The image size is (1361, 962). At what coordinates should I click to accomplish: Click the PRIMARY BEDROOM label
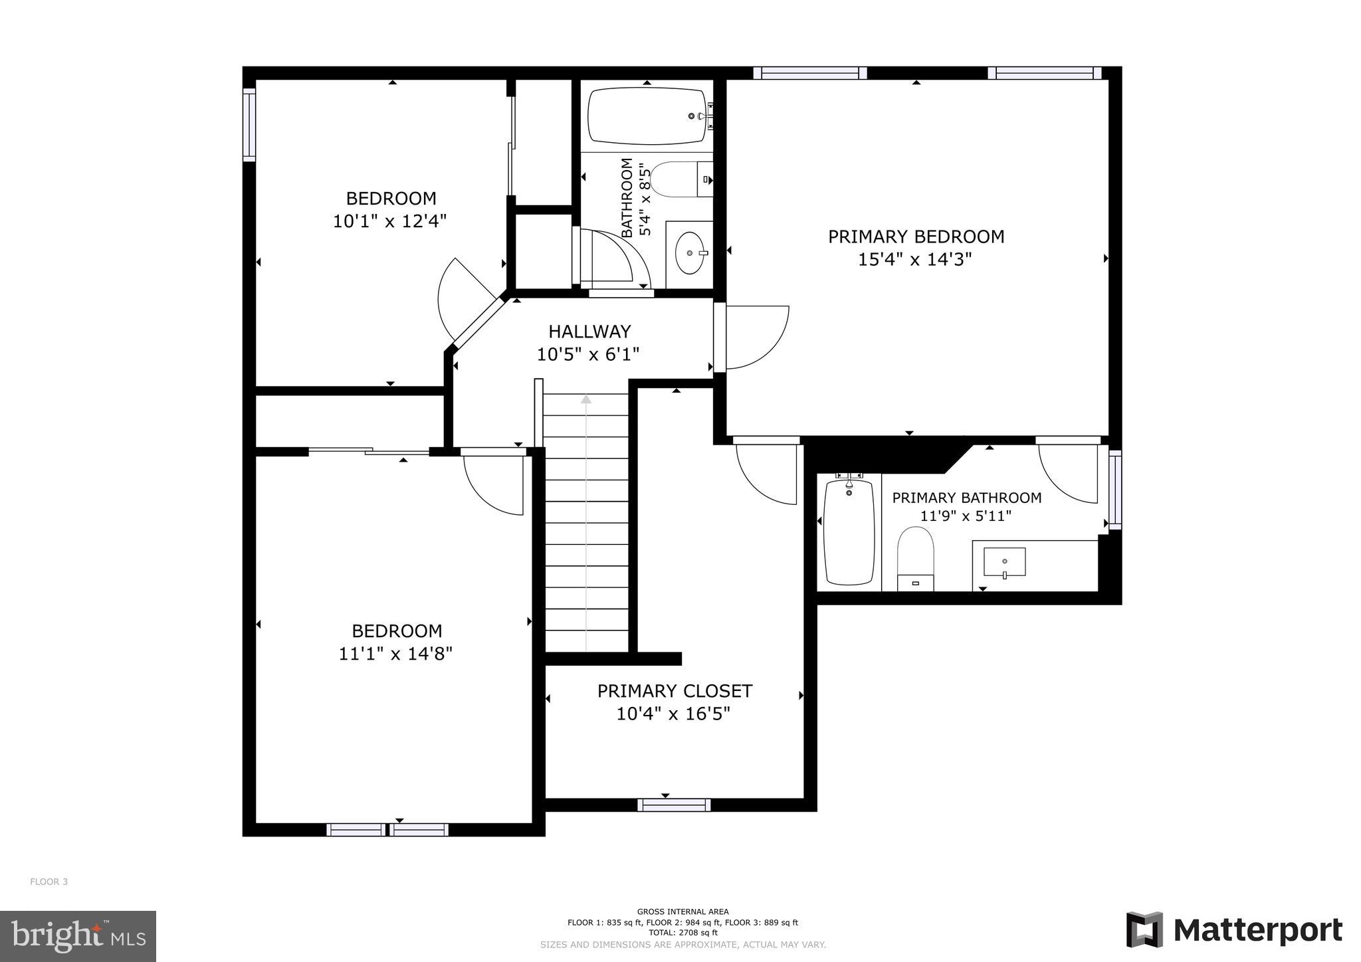click(x=916, y=237)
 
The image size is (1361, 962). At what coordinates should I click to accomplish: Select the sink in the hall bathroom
click(x=690, y=253)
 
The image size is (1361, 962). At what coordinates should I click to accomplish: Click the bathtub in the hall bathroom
click(x=647, y=116)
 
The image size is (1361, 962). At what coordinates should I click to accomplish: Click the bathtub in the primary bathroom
click(x=849, y=531)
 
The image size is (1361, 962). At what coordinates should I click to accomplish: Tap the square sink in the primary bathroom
click(x=1004, y=562)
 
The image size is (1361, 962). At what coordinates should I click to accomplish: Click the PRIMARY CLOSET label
click(x=675, y=692)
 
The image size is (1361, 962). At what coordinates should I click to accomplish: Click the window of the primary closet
click(x=674, y=805)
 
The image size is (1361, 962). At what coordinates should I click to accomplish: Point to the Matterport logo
click(x=1234, y=930)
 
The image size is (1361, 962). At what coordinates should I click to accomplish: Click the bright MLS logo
click(x=78, y=937)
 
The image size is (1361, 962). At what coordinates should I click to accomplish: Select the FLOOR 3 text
click(x=49, y=882)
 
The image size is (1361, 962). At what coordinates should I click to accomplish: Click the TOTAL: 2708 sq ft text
click(x=682, y=933)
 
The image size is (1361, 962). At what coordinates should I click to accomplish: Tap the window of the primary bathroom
click(x=1115, y=490)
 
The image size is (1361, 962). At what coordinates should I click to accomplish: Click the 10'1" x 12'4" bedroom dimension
click(x=389, y=221)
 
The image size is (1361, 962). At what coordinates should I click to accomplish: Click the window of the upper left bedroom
click(x=249, y=125)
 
